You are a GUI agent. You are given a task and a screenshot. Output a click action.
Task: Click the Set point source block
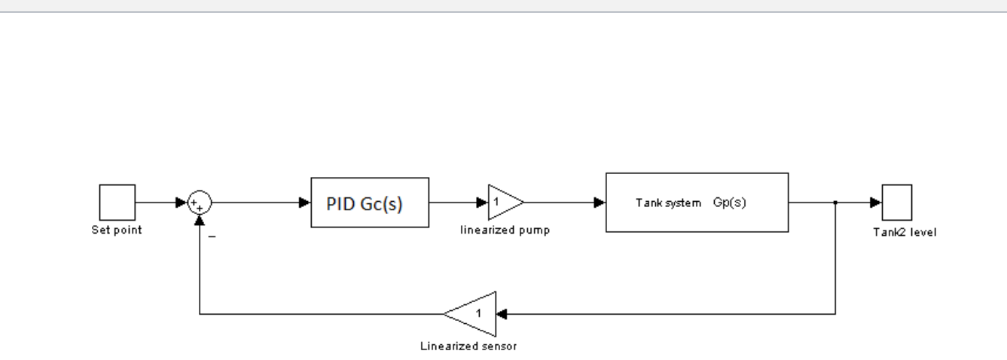[x=117, y=203]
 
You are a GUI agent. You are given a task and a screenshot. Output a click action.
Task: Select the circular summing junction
[x=200, y=203]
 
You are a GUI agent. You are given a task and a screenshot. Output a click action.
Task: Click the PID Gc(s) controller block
[x=370, y=202]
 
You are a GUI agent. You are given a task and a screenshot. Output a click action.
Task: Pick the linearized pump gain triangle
[x=503, y=203]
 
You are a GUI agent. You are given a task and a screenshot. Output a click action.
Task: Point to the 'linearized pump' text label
[x=504, y=230]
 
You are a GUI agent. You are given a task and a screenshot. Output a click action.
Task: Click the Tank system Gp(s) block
[x=696, y=203]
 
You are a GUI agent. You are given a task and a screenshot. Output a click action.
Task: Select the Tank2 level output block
[x=897, y=203]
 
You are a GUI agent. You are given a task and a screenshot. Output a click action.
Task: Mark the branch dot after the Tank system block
[x=836, y=203]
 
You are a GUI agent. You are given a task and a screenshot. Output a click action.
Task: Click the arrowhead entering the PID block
[x=305, y=203]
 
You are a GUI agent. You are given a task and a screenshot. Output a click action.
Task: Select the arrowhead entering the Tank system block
[x=600, y=203]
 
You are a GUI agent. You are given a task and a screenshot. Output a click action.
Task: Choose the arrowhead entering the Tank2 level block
[x=877, y=203]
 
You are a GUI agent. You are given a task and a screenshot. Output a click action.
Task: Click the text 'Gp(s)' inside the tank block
[x=729, y=203]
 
